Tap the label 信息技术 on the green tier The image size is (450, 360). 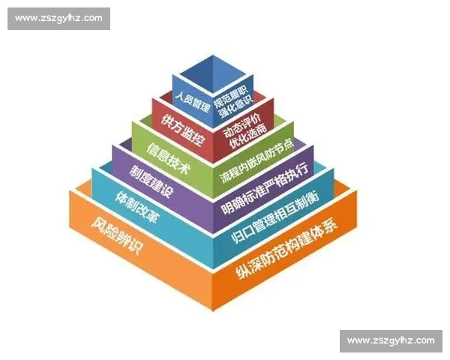click(x=167, y=148)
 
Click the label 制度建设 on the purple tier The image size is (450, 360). click(x=151, y=178)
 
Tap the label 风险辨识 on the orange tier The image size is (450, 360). click(x=115, y=234)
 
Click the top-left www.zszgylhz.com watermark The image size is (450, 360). click(x=59, y=19)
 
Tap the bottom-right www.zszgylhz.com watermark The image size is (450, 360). click(x=391, y=341)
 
